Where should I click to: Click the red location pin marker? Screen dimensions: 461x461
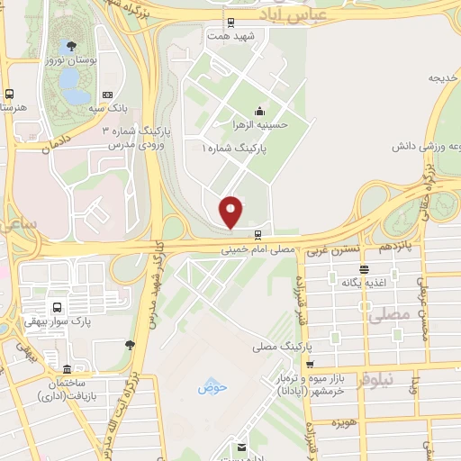point(231,212)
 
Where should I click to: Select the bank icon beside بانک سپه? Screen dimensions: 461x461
point(108,95)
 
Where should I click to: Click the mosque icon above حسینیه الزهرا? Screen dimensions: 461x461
point(259,111)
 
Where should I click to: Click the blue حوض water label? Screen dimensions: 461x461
point(213,387)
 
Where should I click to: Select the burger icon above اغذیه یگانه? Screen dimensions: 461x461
point(363,268)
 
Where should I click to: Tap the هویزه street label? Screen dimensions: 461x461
point(345,422)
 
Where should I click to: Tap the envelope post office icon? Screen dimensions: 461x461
point(240,447)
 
